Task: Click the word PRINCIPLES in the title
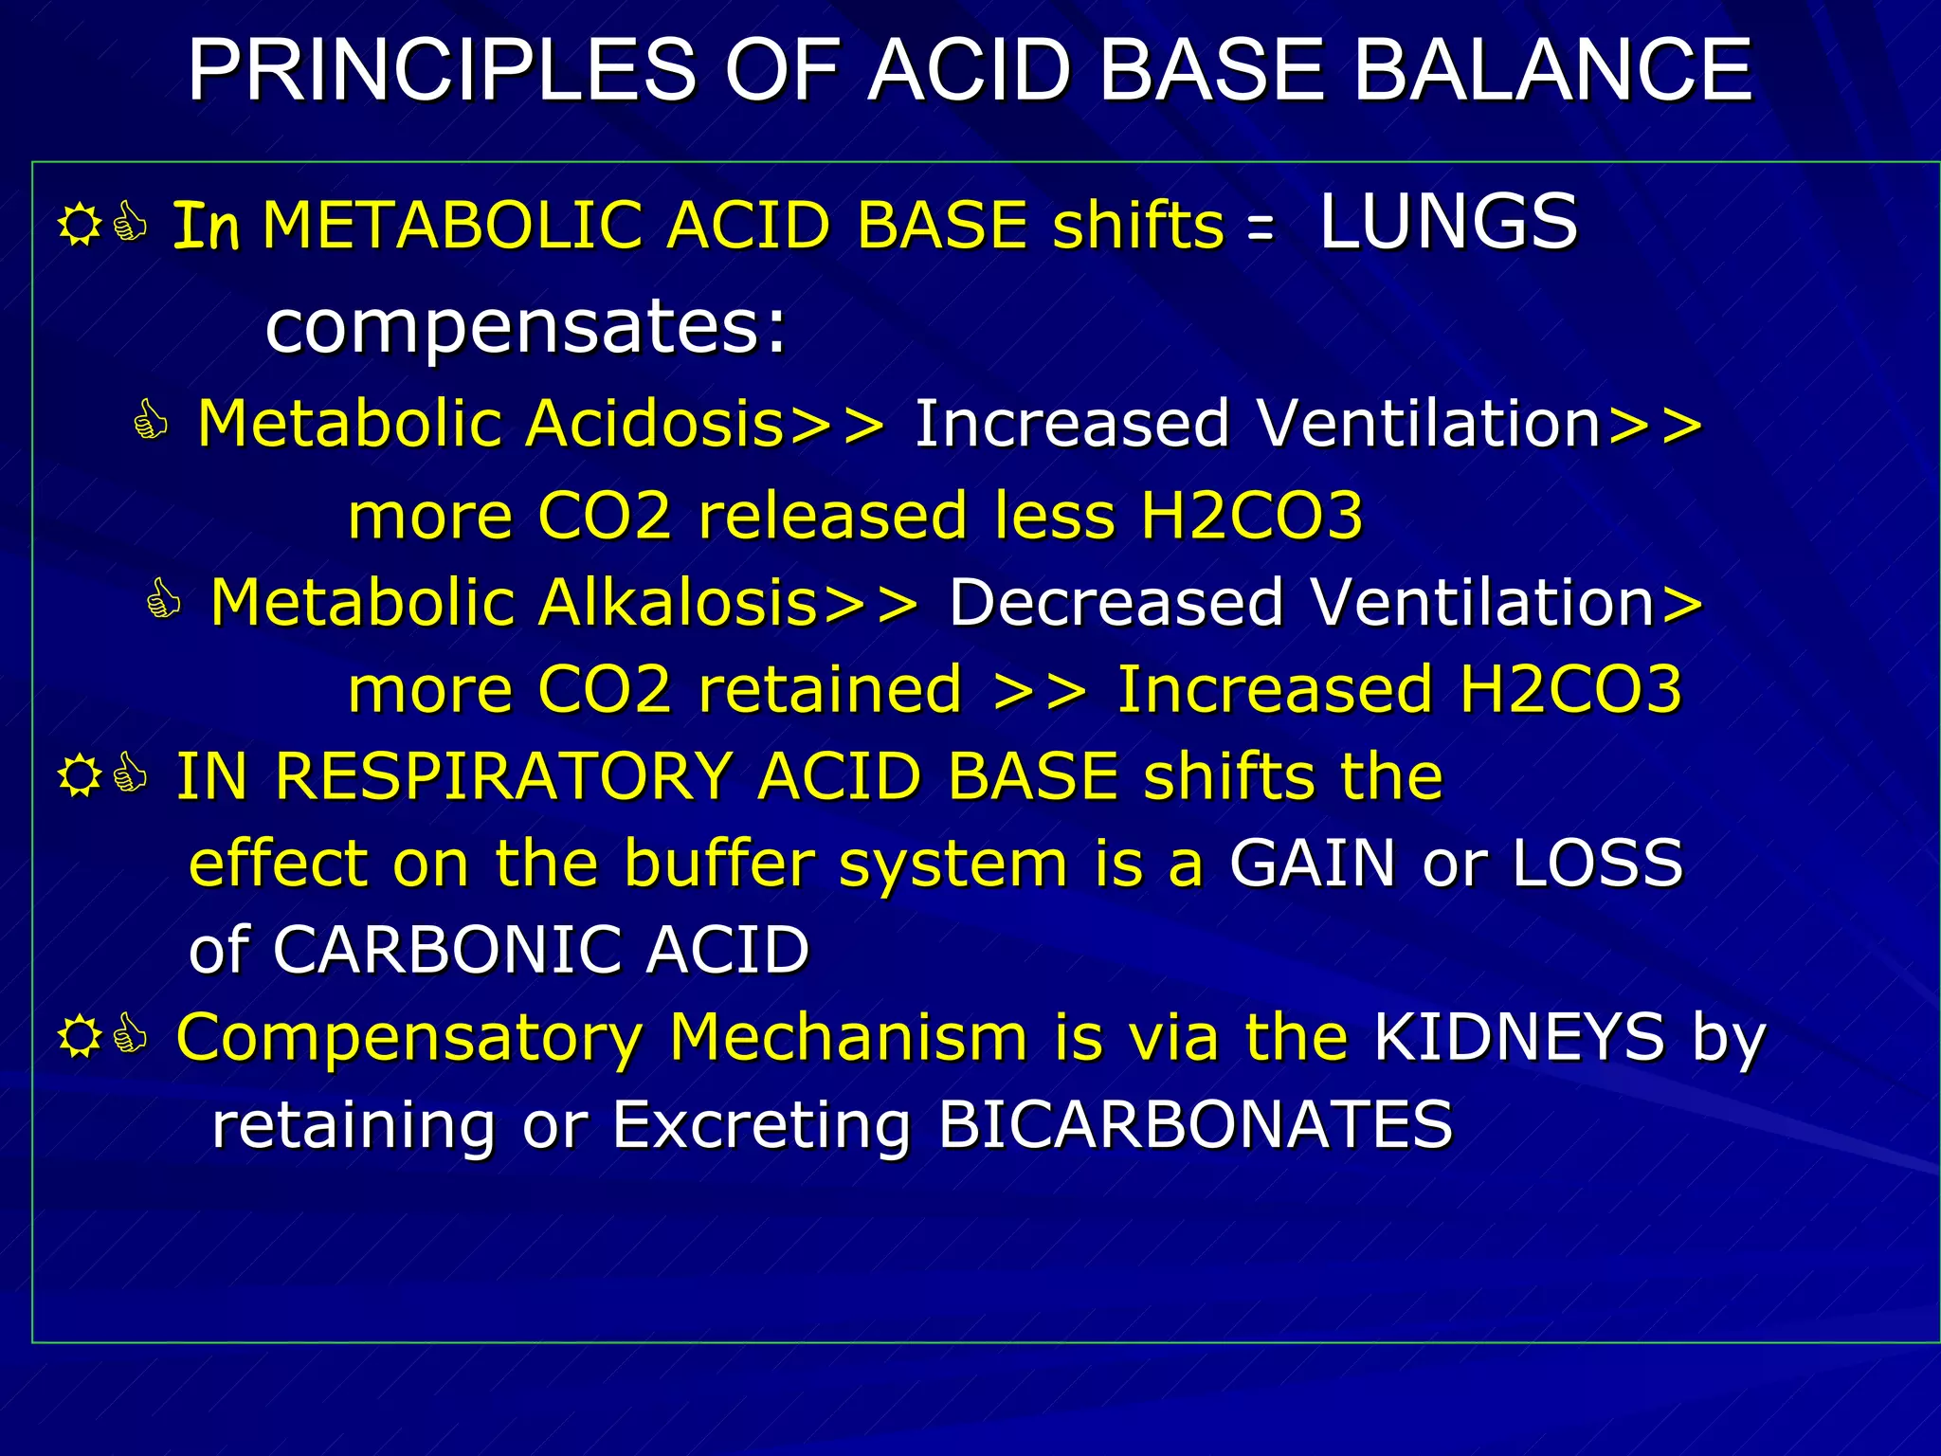point(442,70)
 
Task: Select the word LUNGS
point(1448,222)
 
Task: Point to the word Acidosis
point(654,423)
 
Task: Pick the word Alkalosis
point(678,602)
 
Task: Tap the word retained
point(830,689)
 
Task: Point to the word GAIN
point(1313,863)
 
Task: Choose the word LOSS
point(1597,863)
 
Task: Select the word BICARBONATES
point(1194,1125)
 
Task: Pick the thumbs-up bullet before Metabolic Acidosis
point(151,421)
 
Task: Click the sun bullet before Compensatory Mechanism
point(80,1036)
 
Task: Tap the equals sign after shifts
point(1260,227)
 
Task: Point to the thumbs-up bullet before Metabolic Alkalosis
point(164,600)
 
